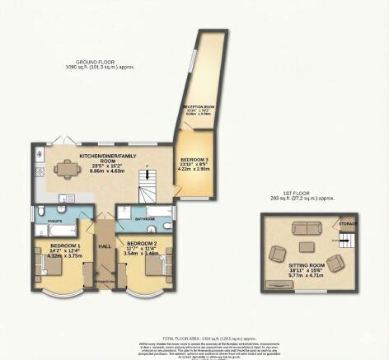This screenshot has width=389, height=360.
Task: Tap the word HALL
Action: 105,245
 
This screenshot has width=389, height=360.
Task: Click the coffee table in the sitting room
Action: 307,245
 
